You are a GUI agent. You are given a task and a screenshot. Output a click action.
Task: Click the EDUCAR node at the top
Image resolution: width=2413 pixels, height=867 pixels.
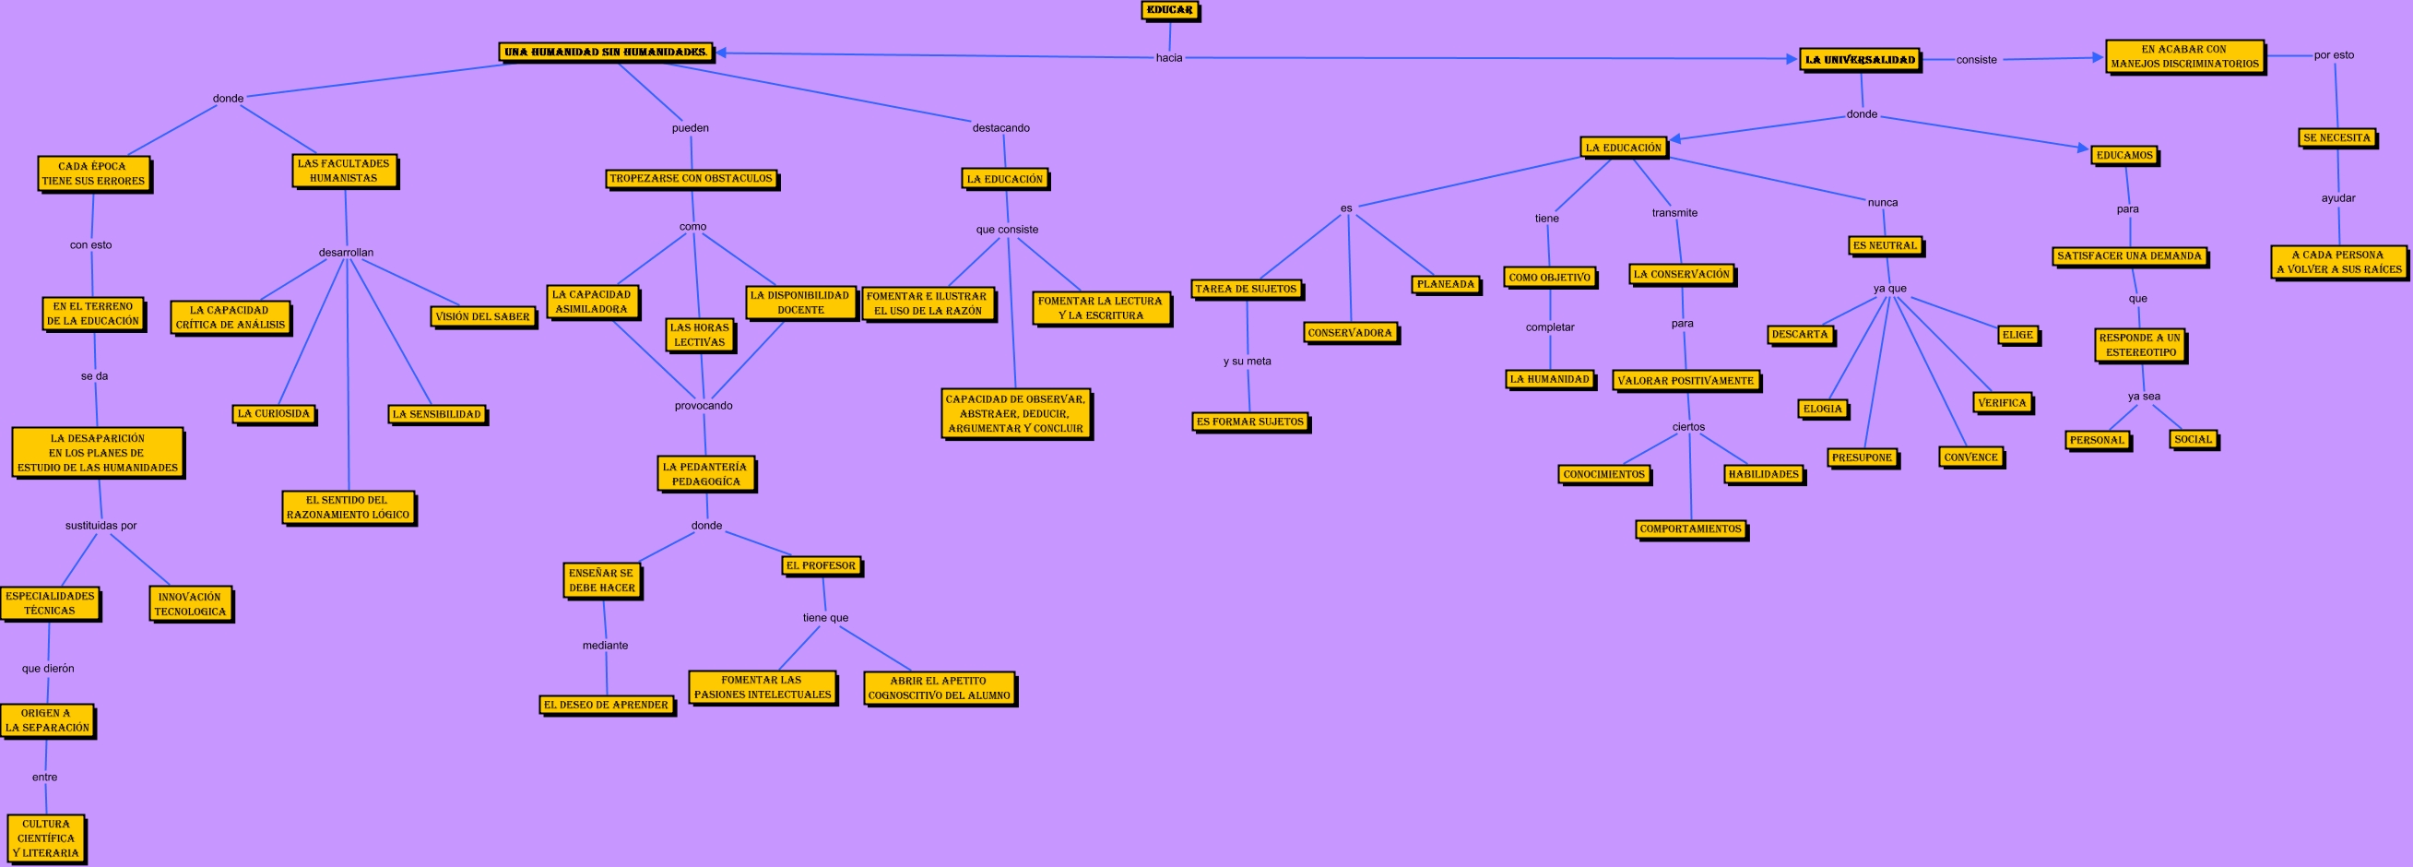pos(1169,10)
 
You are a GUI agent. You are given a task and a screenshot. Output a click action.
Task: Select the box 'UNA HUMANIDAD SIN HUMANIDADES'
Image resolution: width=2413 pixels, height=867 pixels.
pos(605,53)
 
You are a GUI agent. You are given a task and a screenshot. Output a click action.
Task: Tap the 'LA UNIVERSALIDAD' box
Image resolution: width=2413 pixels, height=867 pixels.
pos(1860,60)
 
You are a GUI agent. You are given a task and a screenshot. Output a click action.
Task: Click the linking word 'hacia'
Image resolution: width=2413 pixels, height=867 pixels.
pos(1169,58)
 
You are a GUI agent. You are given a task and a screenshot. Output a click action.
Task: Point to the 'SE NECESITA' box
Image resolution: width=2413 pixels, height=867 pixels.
pos(2336,137)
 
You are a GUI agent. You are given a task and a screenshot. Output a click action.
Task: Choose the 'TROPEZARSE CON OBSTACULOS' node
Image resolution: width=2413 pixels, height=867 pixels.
pos(691,178)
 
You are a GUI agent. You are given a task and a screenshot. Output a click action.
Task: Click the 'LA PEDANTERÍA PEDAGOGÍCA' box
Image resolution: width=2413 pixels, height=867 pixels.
pos(704,474)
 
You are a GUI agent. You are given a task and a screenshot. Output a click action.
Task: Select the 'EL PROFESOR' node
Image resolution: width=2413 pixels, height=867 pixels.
pos(821,566)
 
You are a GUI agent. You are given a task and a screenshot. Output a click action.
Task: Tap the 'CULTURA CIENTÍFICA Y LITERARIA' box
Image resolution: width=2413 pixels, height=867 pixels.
pos(45,837)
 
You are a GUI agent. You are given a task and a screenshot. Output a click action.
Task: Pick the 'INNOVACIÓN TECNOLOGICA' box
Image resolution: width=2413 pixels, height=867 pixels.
pos(190,603)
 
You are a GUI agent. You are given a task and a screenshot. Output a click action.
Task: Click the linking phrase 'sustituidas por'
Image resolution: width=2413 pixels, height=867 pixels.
pos(101,526)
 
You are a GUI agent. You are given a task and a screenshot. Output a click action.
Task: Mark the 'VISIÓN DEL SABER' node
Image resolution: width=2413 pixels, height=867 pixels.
pos(482,316)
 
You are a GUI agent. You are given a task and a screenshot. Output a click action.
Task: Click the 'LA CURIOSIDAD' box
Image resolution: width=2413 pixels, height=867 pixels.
pos(273,413)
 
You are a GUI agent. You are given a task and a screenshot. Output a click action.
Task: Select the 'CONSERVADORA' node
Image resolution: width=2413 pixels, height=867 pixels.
pos(1350,333)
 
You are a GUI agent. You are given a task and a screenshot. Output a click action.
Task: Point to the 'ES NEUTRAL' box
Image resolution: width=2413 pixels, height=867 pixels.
pos(1886,245)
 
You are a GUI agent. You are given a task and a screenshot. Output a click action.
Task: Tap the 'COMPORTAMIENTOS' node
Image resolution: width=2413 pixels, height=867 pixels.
pos(1691,529)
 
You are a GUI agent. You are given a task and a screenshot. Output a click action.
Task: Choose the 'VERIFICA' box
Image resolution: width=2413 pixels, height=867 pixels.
pos(2002,403)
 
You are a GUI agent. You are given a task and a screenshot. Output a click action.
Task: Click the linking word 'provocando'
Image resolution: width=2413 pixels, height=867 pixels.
pos(704,406)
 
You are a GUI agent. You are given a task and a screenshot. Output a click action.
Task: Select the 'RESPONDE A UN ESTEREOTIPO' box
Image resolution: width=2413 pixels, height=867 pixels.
pos(2139,345)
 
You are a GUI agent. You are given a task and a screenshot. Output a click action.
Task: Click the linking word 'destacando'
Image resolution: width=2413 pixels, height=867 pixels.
pos(1000,128)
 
